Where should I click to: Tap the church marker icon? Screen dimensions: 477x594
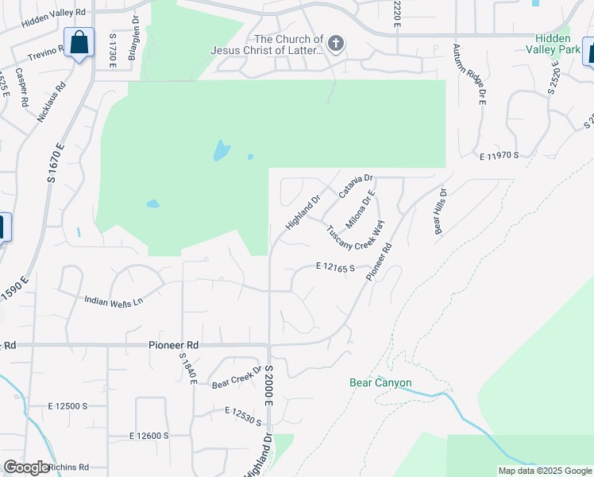(336, 43)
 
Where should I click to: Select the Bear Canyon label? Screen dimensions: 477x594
(380, 382)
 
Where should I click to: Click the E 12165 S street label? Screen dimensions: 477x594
(334, 267)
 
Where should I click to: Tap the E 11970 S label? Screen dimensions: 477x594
(499, 155)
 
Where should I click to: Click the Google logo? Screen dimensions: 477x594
(26, 468)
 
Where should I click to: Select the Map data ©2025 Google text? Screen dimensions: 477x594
(545, 471)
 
